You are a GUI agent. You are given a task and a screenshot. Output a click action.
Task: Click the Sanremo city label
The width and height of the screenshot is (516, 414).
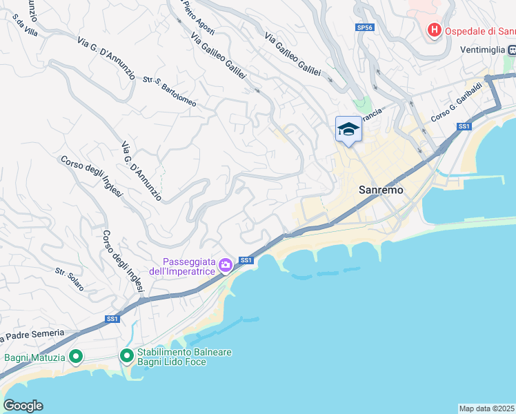point(381,190)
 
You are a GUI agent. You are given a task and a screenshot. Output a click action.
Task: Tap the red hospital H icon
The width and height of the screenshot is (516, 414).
point(435,30)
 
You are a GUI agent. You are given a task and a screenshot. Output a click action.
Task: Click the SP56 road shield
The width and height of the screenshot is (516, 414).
point(364,28)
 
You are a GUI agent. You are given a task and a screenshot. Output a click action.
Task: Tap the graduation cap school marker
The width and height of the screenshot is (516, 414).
point(348,129)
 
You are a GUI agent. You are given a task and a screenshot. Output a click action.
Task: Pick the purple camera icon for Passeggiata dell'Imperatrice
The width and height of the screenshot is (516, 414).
point(225,265)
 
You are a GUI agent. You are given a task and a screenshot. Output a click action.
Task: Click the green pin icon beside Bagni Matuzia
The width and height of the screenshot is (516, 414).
point(76,357)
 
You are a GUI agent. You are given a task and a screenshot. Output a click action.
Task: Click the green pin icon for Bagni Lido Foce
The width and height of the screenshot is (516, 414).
point(127,356)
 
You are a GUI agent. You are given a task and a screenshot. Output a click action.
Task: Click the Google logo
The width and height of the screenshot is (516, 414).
point(23,405)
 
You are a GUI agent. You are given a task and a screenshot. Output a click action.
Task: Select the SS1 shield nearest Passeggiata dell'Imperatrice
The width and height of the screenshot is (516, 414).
point(246,260)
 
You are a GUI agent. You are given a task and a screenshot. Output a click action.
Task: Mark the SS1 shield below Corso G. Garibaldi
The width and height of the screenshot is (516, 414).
point(464,126)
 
